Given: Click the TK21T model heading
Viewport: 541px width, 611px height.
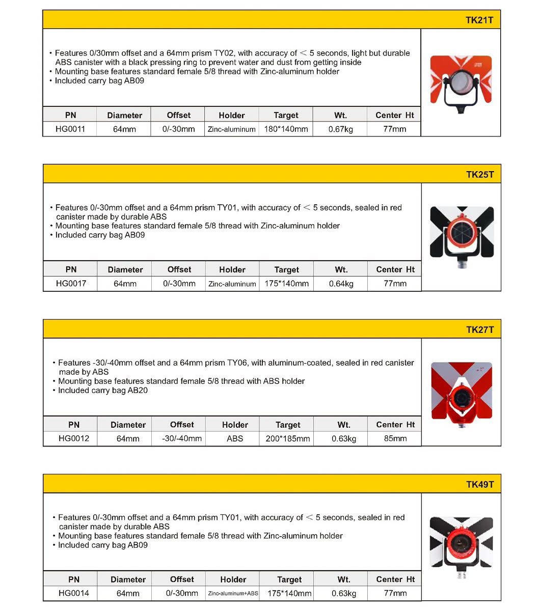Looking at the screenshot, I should [479, 20].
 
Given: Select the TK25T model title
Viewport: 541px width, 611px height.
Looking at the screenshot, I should [479, 175].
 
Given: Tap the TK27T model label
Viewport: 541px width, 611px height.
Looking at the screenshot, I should [479, 329].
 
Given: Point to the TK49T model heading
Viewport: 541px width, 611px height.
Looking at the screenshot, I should [479, 484].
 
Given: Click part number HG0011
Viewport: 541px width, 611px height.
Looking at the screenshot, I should [70, 129].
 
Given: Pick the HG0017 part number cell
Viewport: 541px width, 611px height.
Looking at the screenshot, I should [71, 284].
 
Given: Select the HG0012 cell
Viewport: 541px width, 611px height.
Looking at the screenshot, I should [74, 438].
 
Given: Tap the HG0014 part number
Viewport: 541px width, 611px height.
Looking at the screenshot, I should [74, 593].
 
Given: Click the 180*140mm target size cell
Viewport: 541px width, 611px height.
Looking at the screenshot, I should [286, 129].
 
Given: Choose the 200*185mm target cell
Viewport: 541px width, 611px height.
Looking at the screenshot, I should [288, 438].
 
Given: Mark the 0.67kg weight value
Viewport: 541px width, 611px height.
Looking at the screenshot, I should [340, 129].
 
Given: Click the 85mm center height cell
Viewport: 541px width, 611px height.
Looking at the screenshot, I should [395, 438].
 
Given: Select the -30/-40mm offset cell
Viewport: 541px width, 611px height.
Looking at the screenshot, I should [182, 438].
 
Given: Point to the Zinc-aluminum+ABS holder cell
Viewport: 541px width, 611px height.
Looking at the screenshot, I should [233, 593].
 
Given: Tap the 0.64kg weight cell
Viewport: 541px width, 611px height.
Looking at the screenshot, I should [341, 284].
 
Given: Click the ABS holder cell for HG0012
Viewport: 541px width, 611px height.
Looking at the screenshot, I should [235, 438].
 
